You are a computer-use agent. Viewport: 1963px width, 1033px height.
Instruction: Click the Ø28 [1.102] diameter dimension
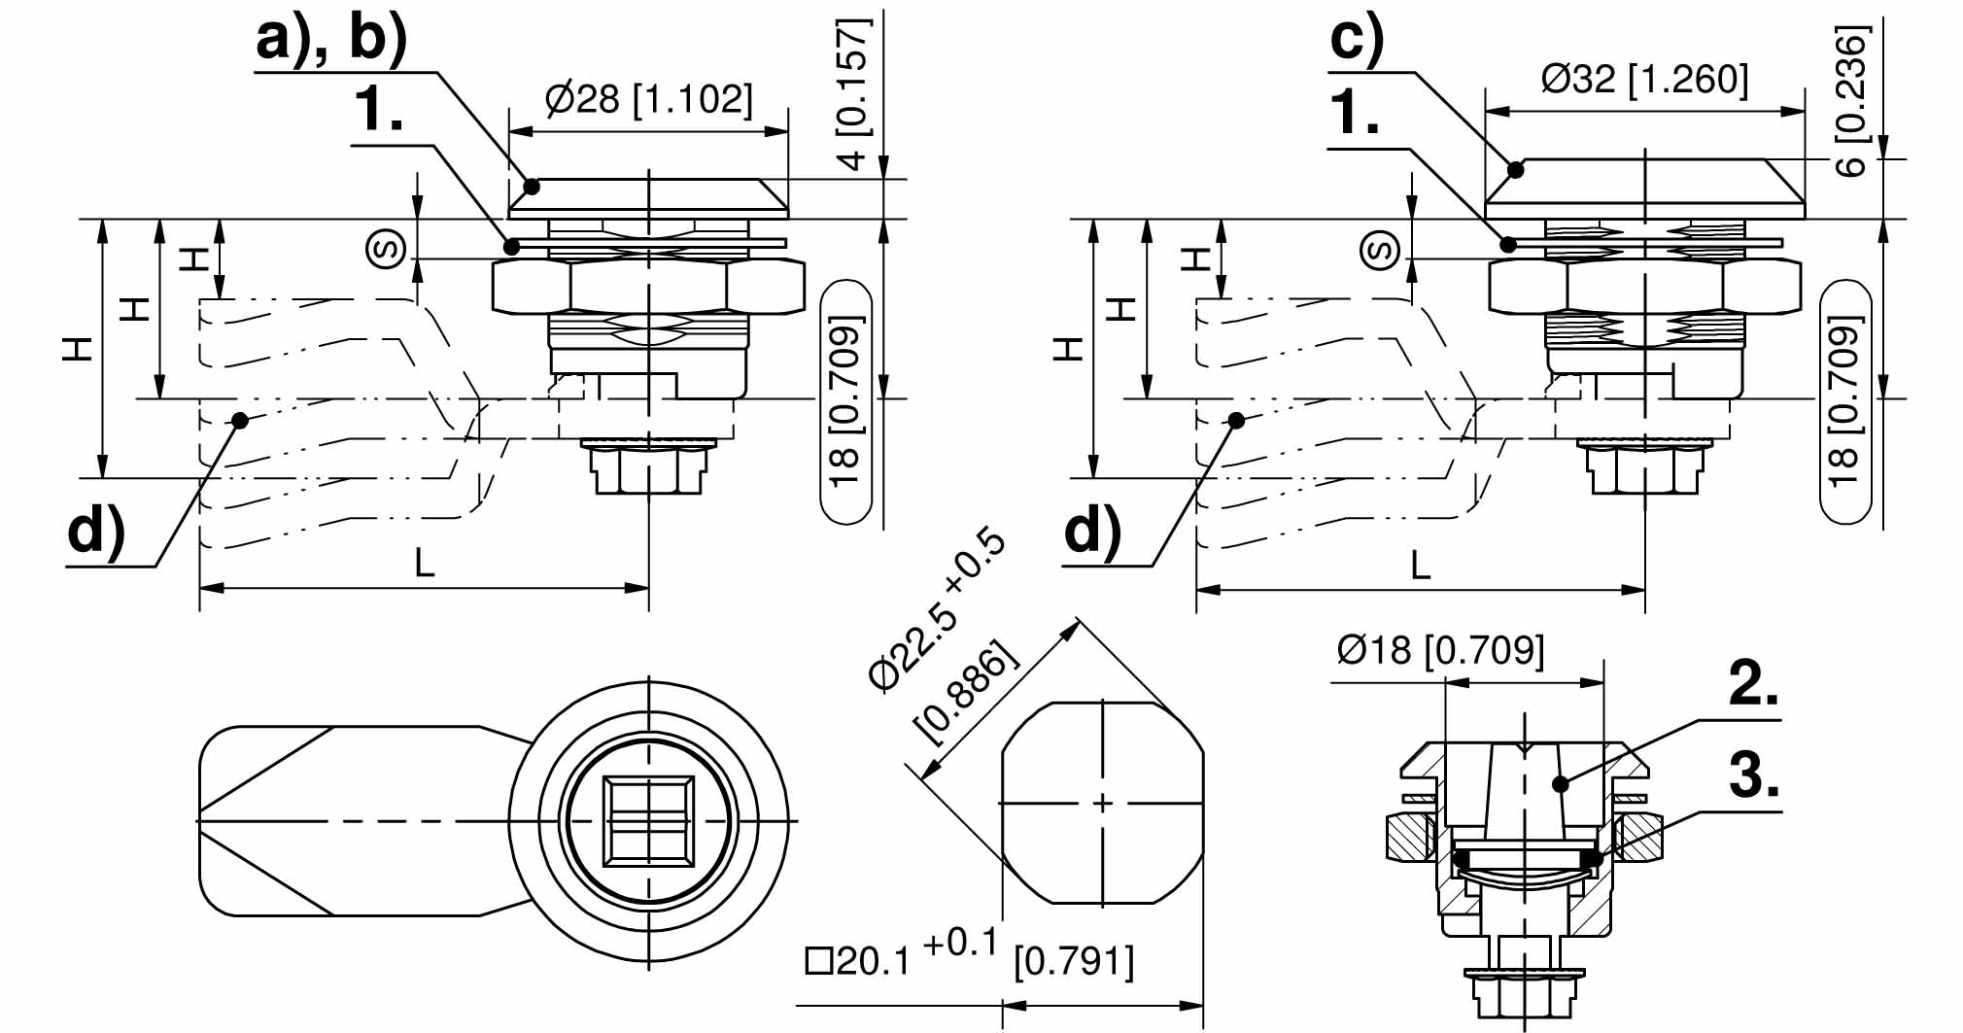click(x=648, y=100)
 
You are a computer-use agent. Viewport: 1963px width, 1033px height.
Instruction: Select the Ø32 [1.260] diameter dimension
click(x=1644, y=79)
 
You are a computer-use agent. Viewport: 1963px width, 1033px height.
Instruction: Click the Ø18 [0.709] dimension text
click(x=1440, y=650)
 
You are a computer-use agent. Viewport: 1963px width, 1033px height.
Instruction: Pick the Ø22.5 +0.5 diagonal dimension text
click(x=937, y=611)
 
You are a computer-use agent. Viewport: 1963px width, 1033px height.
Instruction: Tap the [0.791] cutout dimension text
click(x=1073, y=962)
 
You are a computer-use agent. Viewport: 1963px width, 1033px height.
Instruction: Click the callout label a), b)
click(x=330, y=41)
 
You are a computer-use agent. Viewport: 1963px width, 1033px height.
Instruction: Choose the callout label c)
click(x=1357, y=41)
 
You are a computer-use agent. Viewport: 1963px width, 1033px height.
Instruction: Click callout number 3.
click(x=1753, y=777)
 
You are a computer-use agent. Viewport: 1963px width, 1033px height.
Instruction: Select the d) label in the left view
click(x=96, y=532)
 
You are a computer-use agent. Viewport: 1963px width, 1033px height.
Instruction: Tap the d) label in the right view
click(x=1093, y=532)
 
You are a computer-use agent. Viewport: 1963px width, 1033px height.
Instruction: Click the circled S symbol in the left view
click(x=386, y=249)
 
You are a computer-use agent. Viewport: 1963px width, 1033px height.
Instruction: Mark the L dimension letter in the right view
click(x=1420, y=565)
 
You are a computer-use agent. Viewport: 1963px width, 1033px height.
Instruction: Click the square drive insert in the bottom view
click(x=648, y=821)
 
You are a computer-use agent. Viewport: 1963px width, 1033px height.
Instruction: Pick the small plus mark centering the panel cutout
click(x=1102, y=804)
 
